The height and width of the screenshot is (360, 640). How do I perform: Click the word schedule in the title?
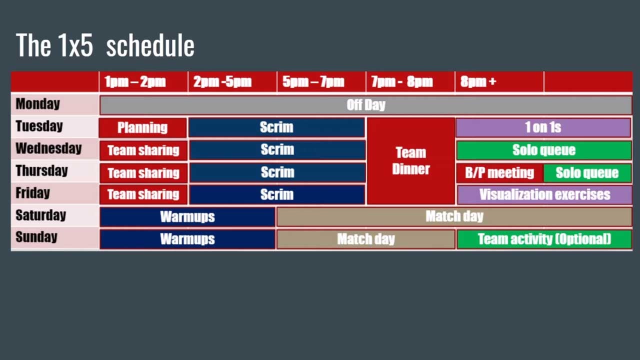pyautogui.click(x=150, y=45)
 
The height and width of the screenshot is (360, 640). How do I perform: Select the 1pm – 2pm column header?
pyautogui.click(x=135, y=81)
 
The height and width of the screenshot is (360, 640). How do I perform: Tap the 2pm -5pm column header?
pyautogui.click(x=222, y=81)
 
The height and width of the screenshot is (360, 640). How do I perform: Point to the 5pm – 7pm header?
pyautogui.click(x=313, y=81)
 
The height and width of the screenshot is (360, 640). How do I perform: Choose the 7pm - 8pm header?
pyautogui.click(x=402, y=81)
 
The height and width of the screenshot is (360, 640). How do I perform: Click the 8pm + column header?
pyautogui.click(x=478, y=81)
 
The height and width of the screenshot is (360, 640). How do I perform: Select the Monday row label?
pyautogui.click(x=37, y=104)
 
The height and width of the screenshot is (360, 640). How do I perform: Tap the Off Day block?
pyautogui.click(x=365, y=105)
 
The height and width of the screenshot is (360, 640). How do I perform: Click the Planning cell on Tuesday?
pyautogui.click(x=142, y=127)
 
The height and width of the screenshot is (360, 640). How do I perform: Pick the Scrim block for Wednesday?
pyautogui.click(x=277, y=149)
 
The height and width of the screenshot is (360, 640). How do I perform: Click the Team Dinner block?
pyautogui.click(x=411, y=161)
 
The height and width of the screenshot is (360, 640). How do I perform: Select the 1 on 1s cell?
pyautogui.click(x=543, y=127)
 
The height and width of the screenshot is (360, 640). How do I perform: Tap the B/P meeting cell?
pyautogui.click(x=499, y=173)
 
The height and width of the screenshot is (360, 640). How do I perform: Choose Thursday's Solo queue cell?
pyautogui.click(x=587, y=173)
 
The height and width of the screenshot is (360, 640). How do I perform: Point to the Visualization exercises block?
pyautogui.click(x=544, y=194)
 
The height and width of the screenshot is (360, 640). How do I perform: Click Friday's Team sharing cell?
pyautogui.click(x=143, y=194)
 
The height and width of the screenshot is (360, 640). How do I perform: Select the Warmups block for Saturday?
pyautogui.click(x=187, y=217)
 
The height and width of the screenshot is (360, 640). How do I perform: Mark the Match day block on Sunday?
pyautogui.click(x=365, y=239)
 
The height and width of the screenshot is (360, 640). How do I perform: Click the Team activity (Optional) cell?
pyautogui.click(x=544, y=239)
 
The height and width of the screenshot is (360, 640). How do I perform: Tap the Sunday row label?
pyautogui.click(x=36, y=237)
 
